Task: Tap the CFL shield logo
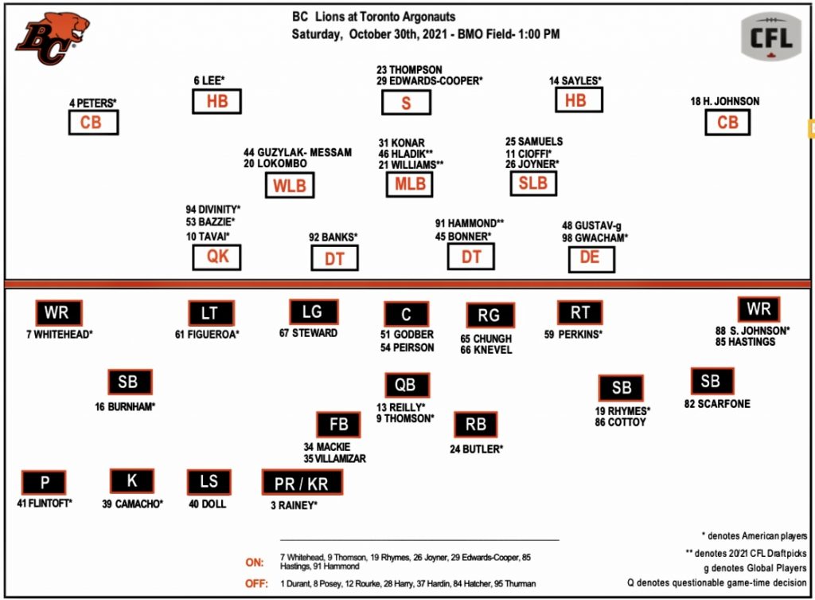coord(770,37)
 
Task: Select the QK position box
coord(216,257)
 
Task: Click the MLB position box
coord(411,184)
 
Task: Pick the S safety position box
coord(406,103)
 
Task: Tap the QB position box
coord(406,386)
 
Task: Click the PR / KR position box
coord(302,482)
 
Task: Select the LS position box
coord(209,482)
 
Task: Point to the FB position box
coord(337,425)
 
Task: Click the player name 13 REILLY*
coord(401,407)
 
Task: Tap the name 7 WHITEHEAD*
coord(59,334)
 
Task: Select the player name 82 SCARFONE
coord(716,404)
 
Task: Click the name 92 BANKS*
coord(333,237)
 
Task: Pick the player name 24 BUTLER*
coord(476,449)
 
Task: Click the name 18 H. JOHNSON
coord(725,101)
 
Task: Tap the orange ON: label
coord(255,562)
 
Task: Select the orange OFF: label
coord(256,584)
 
